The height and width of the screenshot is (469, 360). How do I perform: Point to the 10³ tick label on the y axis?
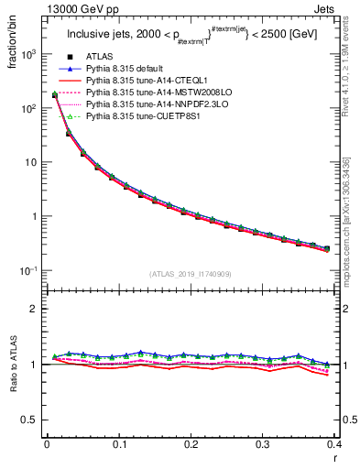pyautogui.click(x=29, y=54)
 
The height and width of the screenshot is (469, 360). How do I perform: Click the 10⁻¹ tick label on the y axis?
pyautogui.click(x=29, y=271)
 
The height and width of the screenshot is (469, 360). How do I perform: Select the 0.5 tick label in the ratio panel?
pyautogui.click(x=30, y=420)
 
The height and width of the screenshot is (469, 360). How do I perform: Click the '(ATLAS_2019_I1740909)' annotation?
pyautogui.click(x=191, y=274)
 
